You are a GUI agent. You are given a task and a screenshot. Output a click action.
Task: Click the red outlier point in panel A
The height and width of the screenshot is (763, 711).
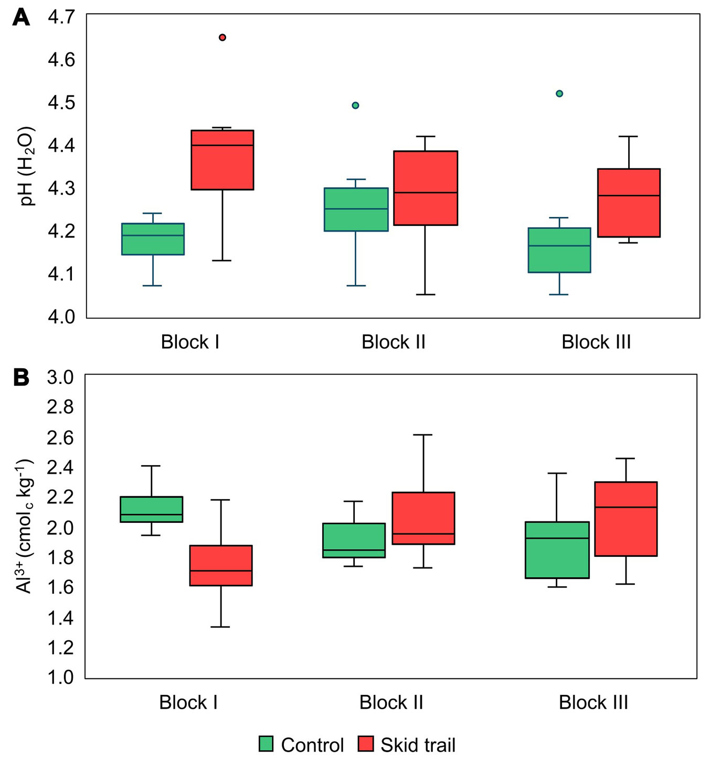[222, 37]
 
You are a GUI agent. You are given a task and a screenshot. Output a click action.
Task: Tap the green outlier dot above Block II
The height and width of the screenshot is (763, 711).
[355, 105]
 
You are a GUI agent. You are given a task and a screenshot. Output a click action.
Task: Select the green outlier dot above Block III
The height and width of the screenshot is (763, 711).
[559, 93]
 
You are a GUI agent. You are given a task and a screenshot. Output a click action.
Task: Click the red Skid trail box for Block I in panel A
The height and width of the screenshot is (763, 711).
[222, 160]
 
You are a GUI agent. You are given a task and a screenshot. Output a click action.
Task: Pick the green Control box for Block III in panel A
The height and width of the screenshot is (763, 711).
[559, 250]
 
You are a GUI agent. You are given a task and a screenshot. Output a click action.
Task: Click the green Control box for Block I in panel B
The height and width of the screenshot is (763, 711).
[151, 509]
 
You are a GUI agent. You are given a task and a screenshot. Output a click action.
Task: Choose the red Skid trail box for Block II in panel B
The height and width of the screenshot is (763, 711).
[423, 518]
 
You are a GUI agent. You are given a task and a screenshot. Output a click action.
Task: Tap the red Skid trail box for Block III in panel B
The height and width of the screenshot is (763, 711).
[626, 519]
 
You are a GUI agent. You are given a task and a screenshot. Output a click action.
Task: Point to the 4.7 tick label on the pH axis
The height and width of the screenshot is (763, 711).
[61, 17]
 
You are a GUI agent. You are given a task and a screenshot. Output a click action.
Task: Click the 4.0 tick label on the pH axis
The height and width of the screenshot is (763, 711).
[61, 317]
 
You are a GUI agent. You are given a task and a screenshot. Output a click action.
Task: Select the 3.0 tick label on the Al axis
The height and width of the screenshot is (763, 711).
[60, 377]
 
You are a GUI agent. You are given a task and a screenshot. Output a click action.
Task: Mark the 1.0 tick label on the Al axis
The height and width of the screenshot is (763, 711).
[60, 677]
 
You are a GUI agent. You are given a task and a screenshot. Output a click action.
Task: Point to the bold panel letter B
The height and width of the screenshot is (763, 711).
[21, 378]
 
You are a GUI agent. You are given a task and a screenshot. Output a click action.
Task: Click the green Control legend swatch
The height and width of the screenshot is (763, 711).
[266, 744]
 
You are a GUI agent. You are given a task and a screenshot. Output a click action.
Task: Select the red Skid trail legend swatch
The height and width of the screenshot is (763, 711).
[366, 744]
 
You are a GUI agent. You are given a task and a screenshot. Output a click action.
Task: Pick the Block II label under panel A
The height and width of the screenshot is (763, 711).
[393, 342]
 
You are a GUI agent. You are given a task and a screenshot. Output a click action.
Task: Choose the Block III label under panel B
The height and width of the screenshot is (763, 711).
[593, 702]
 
